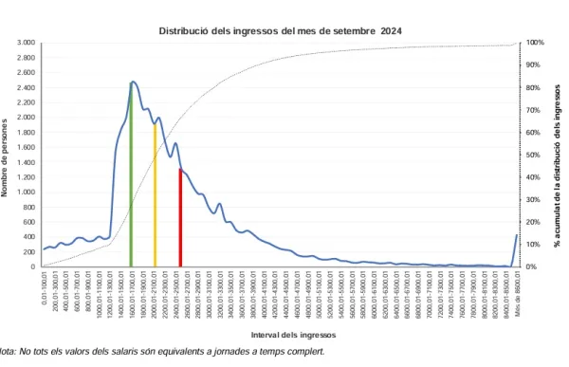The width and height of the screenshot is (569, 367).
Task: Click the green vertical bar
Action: click(131, 175)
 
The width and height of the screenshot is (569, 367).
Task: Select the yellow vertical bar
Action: click(155, 194)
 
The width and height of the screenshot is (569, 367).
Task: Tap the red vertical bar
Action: click(180, 217)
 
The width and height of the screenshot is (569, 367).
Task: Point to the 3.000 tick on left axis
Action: click(26, 44)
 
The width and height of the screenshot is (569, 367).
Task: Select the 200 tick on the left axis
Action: click(29, 252)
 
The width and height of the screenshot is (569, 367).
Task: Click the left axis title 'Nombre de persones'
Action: click(8, 156)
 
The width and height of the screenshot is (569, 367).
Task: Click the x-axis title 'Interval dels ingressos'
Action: click(280, 335)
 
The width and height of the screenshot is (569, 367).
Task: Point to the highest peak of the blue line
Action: click(132, 83)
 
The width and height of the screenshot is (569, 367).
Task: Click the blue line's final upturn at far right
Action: click(516, 236)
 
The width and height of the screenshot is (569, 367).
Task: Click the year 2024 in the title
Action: click(391, 30)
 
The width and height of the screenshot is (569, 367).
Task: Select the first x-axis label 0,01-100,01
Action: click(44, 289)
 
